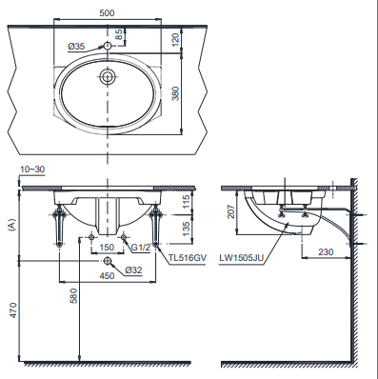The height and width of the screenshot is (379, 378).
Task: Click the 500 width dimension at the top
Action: tap(107, 13)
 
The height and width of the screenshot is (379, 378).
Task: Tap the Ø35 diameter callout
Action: tap(76, 47)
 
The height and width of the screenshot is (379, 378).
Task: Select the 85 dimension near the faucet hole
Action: tap(119, 34)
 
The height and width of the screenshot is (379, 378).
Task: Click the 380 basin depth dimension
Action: tap(175, 93)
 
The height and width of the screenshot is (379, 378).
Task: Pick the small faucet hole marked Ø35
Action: tap(107, 46)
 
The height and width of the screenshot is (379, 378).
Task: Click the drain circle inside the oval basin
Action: tap(107, 76)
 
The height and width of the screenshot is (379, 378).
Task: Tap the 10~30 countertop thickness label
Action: tap(32, 170)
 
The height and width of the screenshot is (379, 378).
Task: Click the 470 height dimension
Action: tap(12, 310)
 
